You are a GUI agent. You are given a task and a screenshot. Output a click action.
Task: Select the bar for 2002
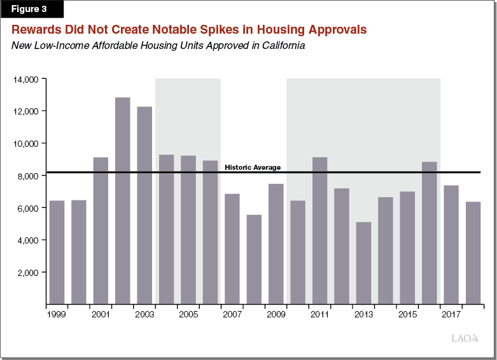point(123,200)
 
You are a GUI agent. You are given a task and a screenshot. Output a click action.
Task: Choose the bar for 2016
point(430,233)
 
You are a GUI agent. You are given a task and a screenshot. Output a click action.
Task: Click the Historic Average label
point(253,167)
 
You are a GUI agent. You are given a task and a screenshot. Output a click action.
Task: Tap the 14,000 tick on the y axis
point(27,79)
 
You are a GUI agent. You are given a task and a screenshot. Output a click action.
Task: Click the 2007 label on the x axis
point(232,314)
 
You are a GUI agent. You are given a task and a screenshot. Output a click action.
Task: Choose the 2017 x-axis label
point(451,314)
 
